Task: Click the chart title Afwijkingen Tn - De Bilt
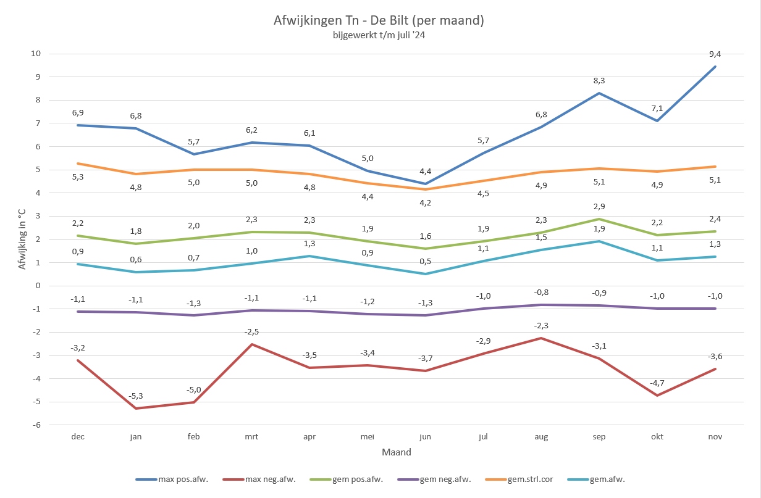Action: pyautogui.click(x=378, y=20)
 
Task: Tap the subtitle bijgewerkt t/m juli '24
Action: pyautogui.click(x=378, y=36)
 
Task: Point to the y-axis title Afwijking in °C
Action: pyautogui.click(x=22, y=239)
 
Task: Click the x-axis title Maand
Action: pyautogui.click(x=396, y=452)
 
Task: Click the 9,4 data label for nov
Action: pyautogui.click(x=715, y=54)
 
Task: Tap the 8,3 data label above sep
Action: pyautogui.click(x=599, y=80)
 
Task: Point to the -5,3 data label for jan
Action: pyautogui.click(x=136, y=396)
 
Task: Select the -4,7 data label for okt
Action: pyautogui.click(x=657, y=383)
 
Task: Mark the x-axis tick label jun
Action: pyautogui.click(x=426, y=436)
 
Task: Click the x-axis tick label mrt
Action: pyautogui.click(x=251, y=436)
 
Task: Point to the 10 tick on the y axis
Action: pyautogui.click(x=36, y=54)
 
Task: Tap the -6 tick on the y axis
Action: pyautogui.click(x=36, y=425)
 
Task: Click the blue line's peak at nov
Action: pyautogui.click(x=715, y=67)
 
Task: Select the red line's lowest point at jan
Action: pyautogui.click(x=136, y=409)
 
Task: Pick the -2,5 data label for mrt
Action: pyautogui.click(x=251, y=331)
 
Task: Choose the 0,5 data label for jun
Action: pyautogui.click(x=426, y=261)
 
